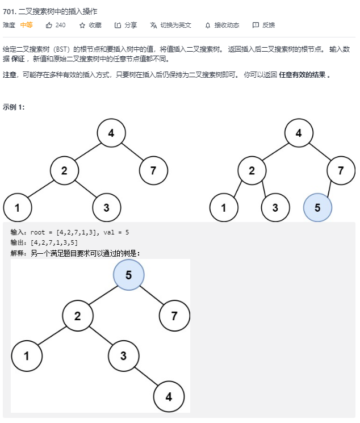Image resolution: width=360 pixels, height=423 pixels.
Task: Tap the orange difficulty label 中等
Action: pyautogui.click(x=27, y=25)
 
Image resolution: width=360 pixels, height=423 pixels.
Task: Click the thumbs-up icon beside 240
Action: pyautogui.click(x=49, y=25)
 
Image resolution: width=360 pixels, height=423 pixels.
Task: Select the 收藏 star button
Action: pyautogui.click(x=90, y=25)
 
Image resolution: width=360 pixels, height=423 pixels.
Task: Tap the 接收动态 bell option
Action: pyautogui.click(x=222, y=25)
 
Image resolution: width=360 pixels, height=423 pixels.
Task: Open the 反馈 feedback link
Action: pyautogui.click(x=264, y=25)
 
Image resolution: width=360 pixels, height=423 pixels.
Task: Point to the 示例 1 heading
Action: pyautogui.click(x=14, y=107)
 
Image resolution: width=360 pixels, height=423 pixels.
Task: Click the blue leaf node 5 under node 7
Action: pyautogui.click(x=317, y=207)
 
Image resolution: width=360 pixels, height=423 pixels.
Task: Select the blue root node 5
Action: pyautogui.click(x=128, y=275)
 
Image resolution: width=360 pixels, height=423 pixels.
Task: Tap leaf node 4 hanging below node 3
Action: pyautogui.click(x=169, y=397)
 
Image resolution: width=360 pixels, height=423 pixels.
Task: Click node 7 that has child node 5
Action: pyautogui.click(x=341, y=170)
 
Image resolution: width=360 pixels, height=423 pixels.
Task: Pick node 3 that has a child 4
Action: pyautogui.click(x=123, y=357)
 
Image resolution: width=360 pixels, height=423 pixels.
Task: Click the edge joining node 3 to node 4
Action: pyautogui.click(x=146, y=377)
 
